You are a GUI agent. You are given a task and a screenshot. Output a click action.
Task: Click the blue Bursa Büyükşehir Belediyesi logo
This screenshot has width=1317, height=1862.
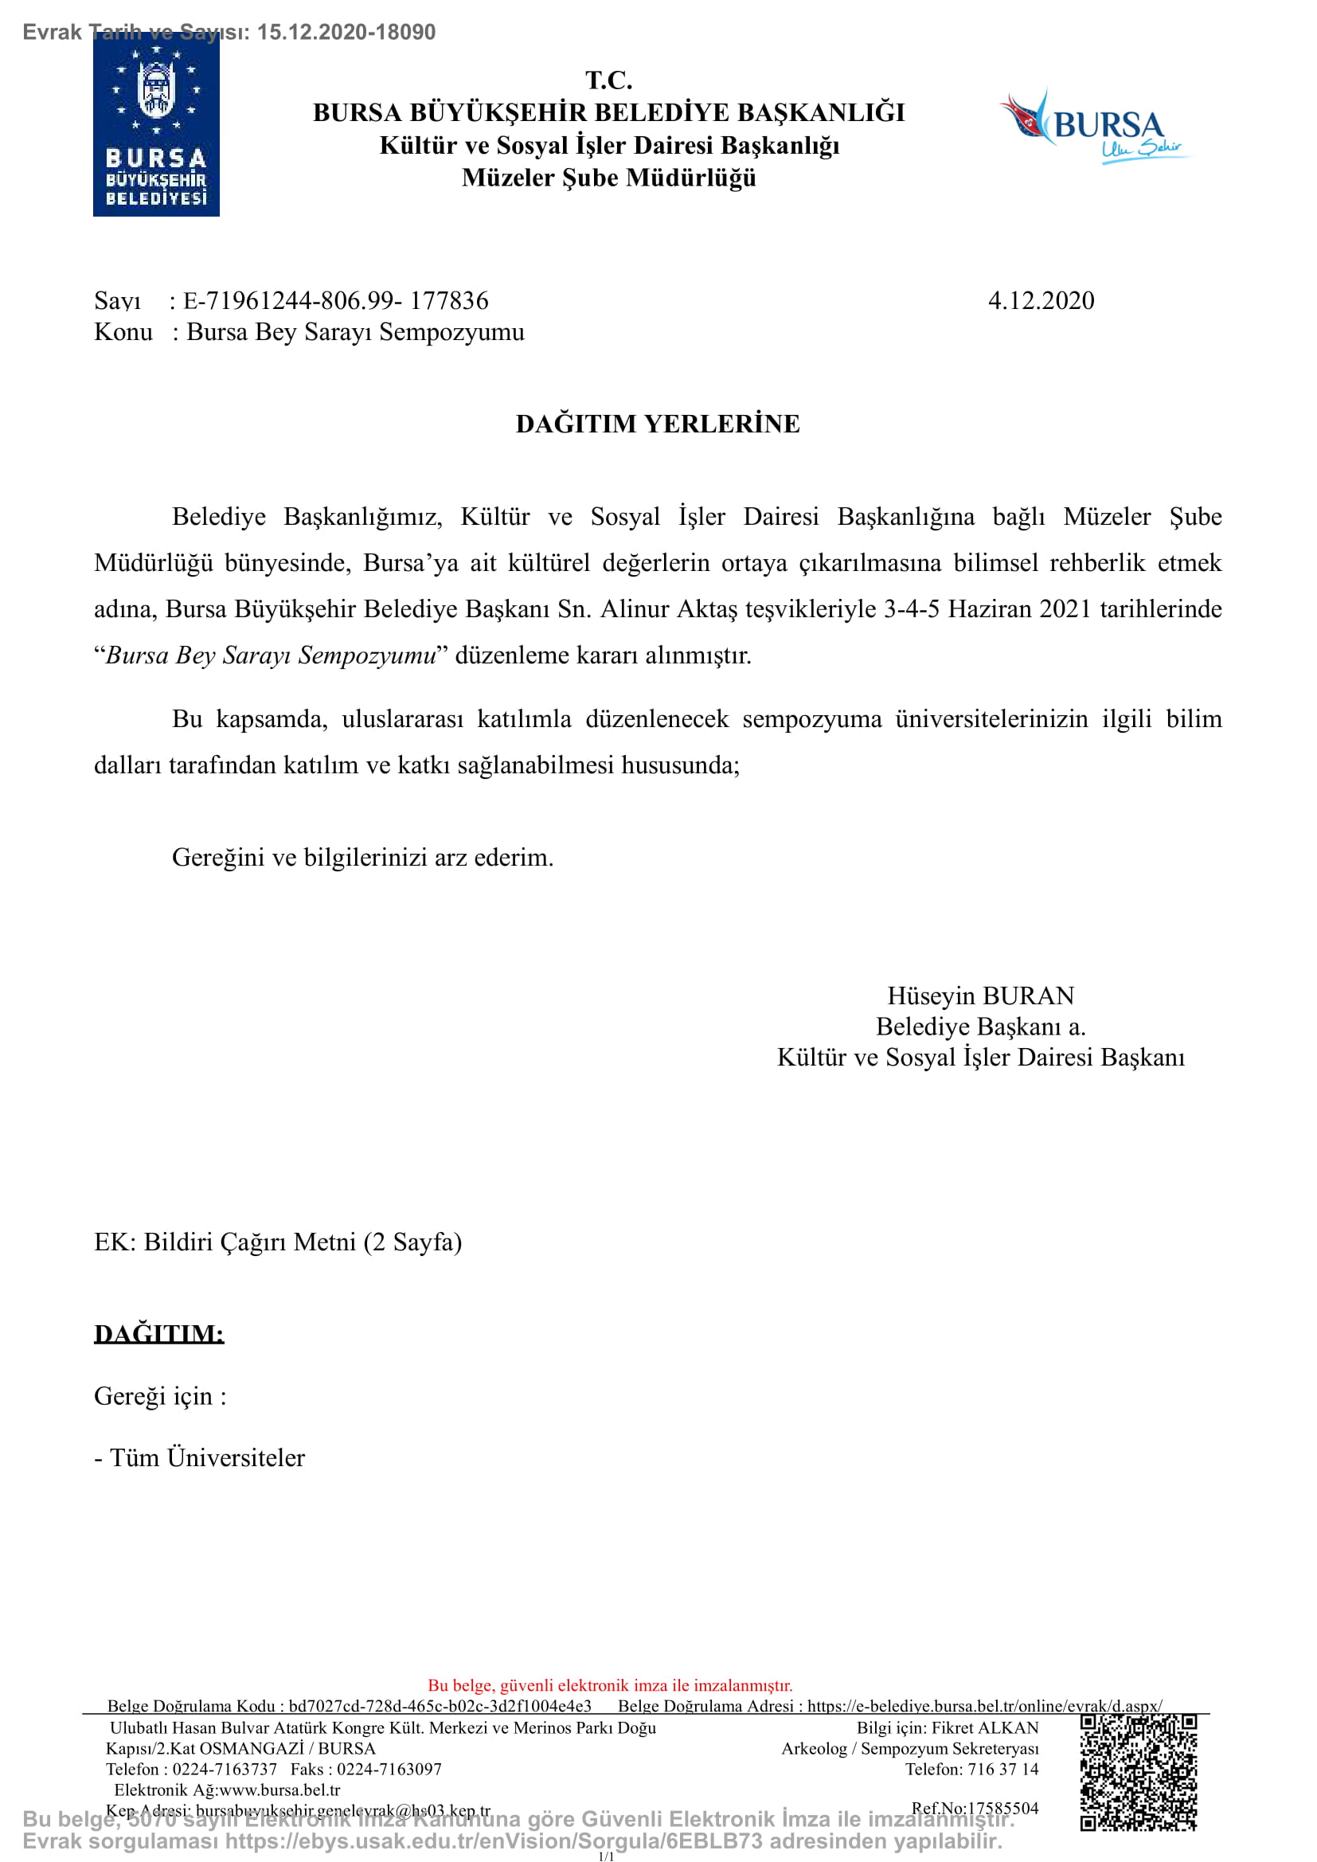(x=156, y=126)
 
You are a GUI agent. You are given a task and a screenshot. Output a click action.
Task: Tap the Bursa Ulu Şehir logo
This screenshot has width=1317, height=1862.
(x=1093, y=128)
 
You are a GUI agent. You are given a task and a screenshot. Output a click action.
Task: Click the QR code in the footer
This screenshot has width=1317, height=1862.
(x=1138, y=1773)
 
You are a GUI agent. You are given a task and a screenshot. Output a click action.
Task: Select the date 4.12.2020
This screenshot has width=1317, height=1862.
(x=1041, y=301)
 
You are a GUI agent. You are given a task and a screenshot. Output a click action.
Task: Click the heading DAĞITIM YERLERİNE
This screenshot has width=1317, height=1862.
(x=658, y=424)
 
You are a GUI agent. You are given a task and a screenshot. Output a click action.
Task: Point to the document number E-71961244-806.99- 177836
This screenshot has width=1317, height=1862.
(x=336, y=301)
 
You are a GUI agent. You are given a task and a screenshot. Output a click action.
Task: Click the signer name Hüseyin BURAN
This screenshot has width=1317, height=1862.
(x=979, y=996)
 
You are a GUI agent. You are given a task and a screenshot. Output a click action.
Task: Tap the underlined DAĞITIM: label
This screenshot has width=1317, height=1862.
(x=159, y=1334)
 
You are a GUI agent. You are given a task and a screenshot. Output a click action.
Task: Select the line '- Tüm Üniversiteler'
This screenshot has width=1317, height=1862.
(x=200, y=1457)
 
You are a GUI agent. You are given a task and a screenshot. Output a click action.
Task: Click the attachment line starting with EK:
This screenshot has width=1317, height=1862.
(x=277, y=1242)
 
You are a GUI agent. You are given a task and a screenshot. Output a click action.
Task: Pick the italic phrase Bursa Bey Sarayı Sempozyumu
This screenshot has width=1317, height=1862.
(x=271, y=655)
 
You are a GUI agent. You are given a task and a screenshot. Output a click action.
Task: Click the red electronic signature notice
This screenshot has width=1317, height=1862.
(x=610, y=1685)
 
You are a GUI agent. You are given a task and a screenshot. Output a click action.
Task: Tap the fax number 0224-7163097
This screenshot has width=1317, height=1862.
(x=389, y=1769)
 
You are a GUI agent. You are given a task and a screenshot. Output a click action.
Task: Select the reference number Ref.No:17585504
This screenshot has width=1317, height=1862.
(x=975, y=1808)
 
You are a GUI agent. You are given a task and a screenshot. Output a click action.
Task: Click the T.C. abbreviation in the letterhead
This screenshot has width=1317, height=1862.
(x=609, y=80)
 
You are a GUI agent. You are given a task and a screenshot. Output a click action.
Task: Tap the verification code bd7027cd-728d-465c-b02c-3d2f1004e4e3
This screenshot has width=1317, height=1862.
(x=440, y=1706)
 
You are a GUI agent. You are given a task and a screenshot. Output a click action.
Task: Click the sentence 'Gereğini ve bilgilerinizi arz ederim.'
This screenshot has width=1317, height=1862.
(x=362, y=857)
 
